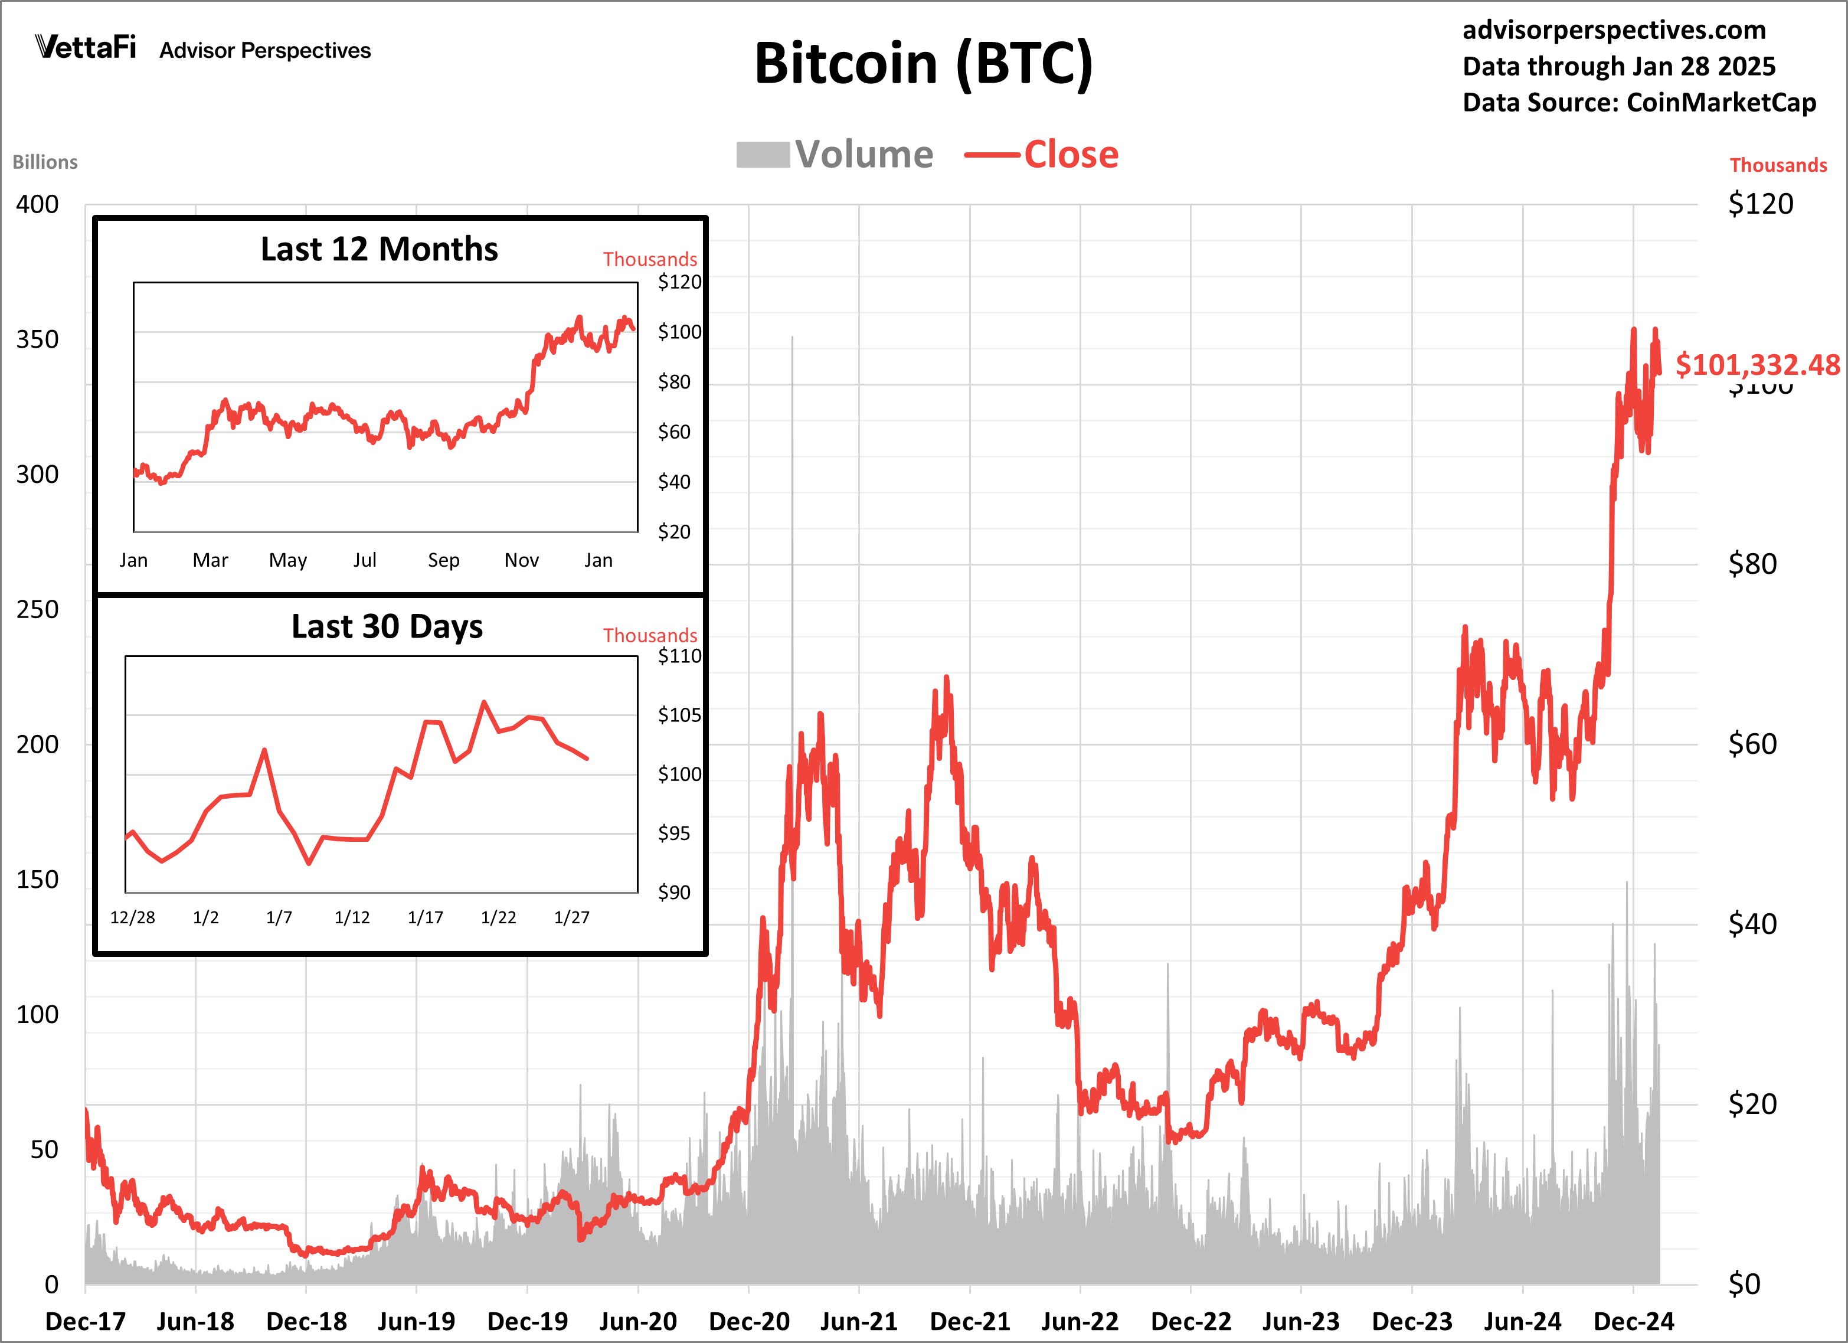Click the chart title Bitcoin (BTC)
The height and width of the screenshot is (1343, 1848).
923,64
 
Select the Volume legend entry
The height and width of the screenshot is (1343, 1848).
835,154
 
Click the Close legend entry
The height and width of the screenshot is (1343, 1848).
1042,154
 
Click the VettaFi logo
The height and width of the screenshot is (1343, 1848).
86,47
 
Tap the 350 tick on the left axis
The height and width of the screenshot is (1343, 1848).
38,339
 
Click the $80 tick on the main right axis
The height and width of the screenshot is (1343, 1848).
1752,564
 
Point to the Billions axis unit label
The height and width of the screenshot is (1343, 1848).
45,162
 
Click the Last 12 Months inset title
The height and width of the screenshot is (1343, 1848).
379,249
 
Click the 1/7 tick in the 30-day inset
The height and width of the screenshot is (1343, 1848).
279,917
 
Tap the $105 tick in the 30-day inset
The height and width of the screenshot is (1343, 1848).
679,715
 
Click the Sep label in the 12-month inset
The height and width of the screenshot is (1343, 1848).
443,560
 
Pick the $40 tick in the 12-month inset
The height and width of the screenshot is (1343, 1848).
674,482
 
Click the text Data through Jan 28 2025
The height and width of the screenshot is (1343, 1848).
1618,66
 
